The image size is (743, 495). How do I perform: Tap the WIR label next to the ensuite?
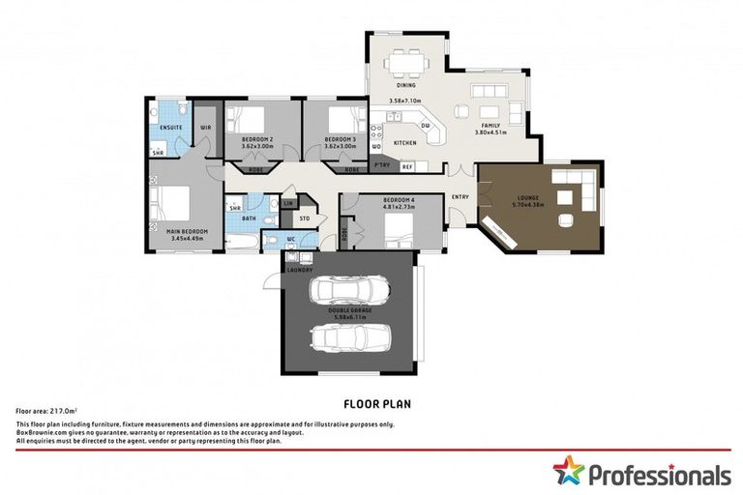coord(206,127)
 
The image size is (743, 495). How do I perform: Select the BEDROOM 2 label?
coord(257,139)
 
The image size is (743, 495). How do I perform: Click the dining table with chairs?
coord(406,66)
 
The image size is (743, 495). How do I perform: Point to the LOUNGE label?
coord(528,198)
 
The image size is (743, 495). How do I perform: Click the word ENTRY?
coord(460,197)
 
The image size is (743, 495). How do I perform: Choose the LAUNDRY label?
coord(300,270)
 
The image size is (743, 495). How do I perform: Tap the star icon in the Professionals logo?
coord(570,472)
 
